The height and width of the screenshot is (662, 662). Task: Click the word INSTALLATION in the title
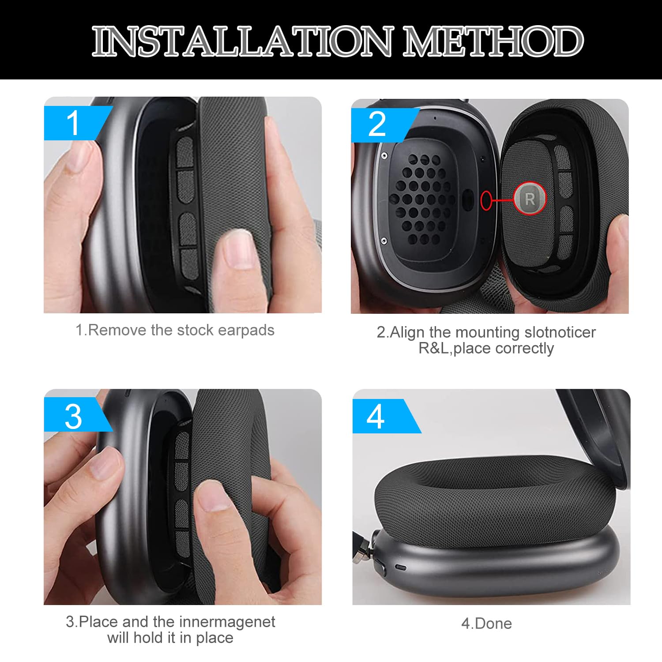[242, 41]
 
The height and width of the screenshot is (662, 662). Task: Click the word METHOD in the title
[493, 41]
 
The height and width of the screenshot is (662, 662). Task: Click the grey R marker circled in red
[530, 199]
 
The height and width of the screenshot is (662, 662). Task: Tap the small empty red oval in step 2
[486, 200]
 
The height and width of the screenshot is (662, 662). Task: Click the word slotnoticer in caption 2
[560, 332]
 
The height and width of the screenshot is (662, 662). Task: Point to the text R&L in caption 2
[433, 348]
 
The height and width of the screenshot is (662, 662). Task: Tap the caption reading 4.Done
[486, 624]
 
